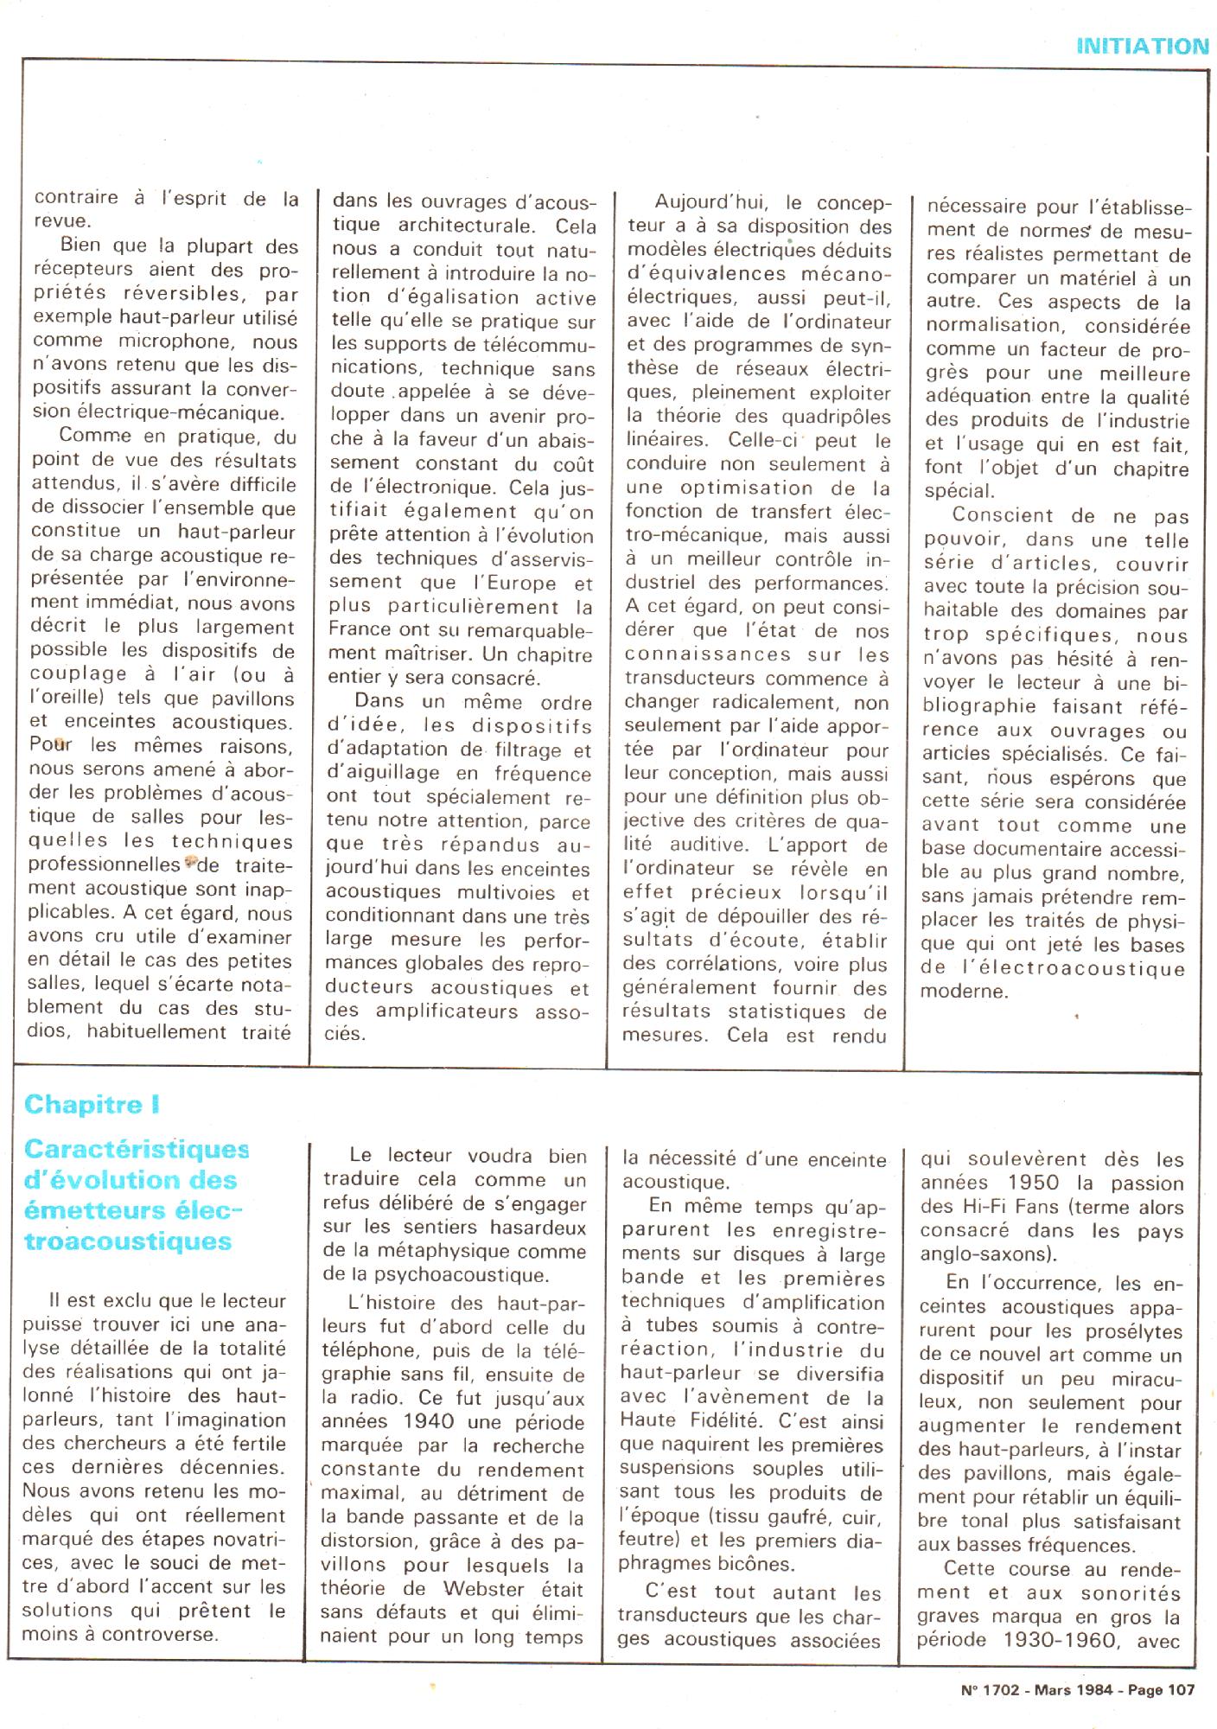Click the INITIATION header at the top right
[x=1142, y=46]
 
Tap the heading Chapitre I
[x=92, y=1104]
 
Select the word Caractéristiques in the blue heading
[x=137, y=1149]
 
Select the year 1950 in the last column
[x=1026, y=1184]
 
